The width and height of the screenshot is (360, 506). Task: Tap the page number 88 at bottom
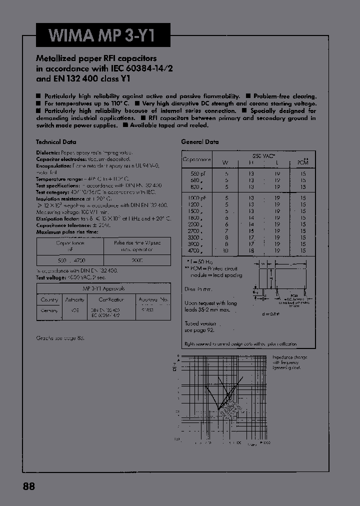coord(29,486)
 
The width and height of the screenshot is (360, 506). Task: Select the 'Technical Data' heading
coord(55,142)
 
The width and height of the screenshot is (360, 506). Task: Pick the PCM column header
coord(303,163)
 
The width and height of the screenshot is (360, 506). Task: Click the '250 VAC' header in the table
coord(264,155)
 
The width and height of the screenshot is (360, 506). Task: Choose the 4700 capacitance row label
coord(194,250)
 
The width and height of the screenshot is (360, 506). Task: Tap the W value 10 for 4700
coord(226,250)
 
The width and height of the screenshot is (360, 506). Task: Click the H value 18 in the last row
coord(251,250)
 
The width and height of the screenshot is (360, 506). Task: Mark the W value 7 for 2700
coord(226,231)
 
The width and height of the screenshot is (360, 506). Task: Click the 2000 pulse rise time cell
coord(137,260)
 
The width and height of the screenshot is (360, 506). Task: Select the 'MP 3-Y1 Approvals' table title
coord(103,288)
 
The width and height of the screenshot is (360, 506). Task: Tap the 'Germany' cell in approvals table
coord(49,310)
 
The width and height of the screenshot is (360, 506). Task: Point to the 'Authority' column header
coord(75,299)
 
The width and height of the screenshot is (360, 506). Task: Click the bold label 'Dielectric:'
coord(48,152)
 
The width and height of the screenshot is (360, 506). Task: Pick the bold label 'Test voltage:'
coord(50,277)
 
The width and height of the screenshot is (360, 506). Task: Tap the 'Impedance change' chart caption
coord(290,357)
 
